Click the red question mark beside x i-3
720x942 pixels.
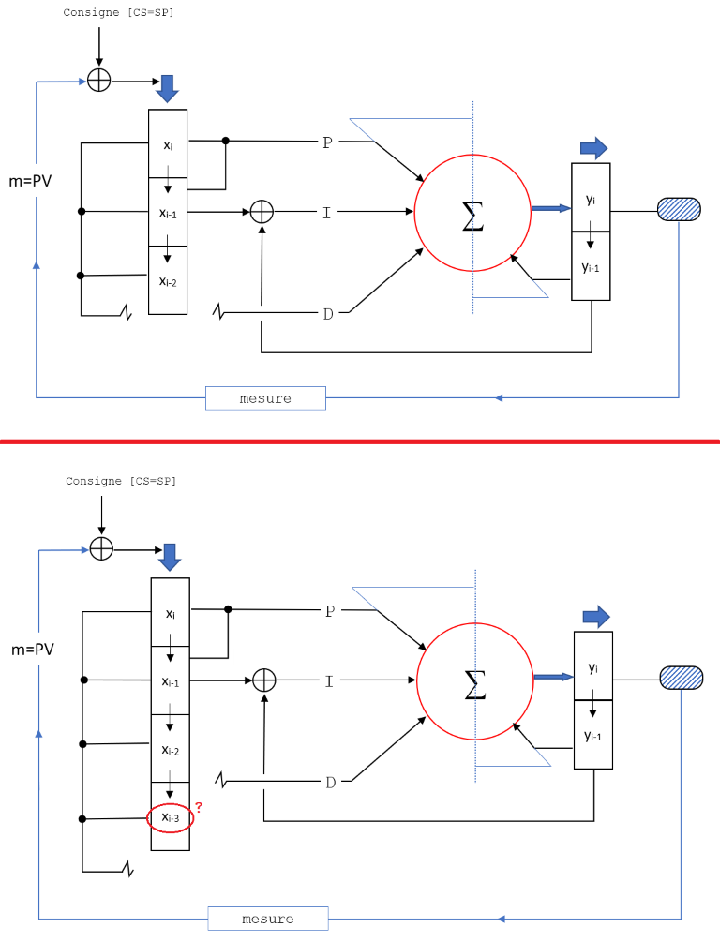199,807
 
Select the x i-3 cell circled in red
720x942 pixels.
170,818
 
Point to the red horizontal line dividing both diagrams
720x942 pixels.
360,441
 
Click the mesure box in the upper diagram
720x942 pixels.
265,398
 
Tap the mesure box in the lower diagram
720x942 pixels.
268,919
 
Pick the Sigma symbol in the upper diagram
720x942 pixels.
473,216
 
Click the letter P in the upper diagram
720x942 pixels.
327,142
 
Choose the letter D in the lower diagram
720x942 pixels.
330,783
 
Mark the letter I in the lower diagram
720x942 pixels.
329,681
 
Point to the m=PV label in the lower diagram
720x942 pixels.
32,649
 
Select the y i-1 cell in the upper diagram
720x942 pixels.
591,267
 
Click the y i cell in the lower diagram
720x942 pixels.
592,667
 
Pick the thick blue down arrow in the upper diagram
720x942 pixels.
167,88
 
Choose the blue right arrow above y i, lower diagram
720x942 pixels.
596,616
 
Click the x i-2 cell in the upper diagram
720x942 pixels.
168,280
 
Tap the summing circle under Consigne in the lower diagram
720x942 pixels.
101,549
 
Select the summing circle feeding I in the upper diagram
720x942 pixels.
262,212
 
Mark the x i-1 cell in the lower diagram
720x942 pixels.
170,681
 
